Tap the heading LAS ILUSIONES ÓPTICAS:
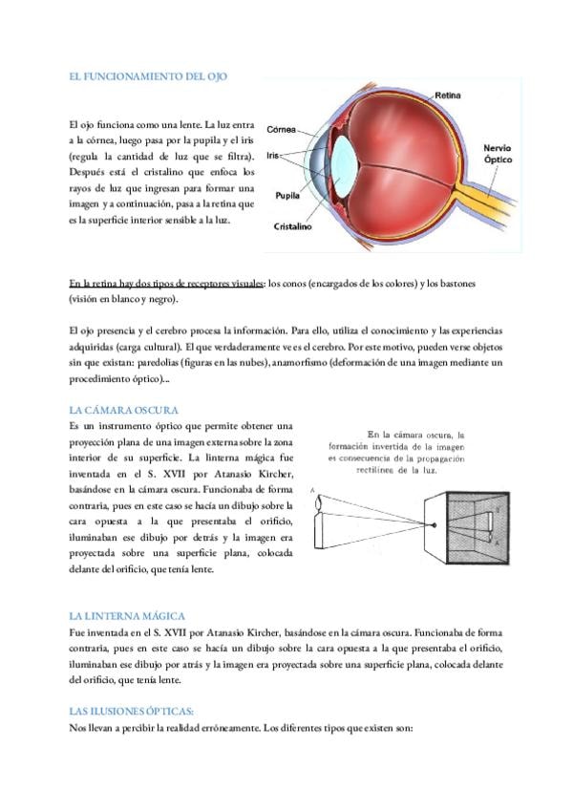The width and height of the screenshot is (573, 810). (x=132, y=712)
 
